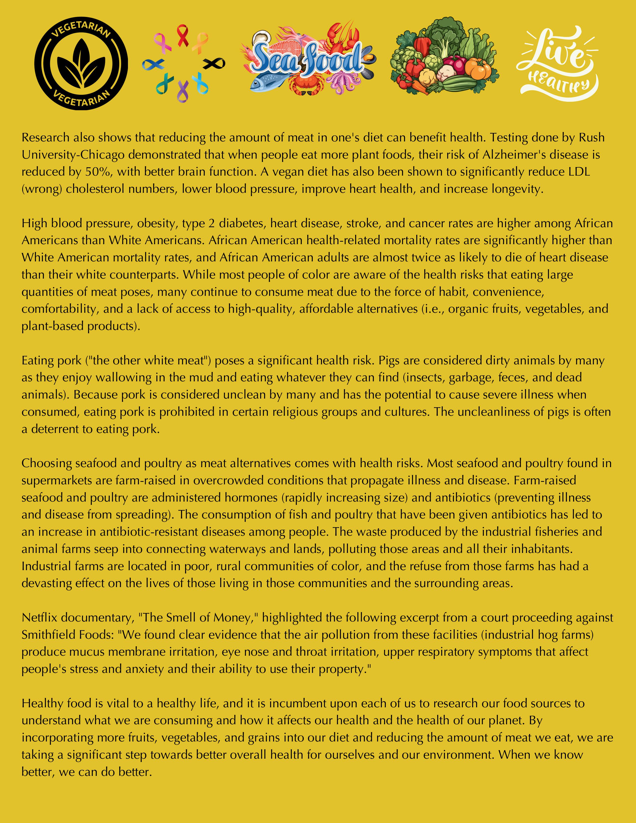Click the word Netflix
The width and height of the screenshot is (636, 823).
pos(40,618)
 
